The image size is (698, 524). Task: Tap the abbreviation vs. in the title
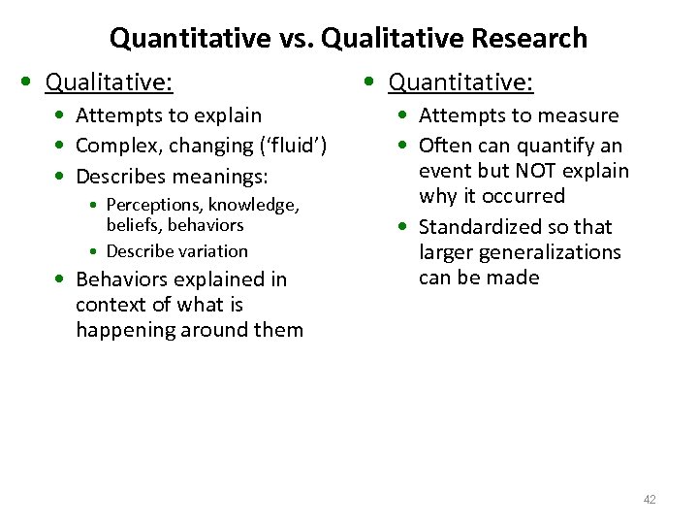coord(297,39)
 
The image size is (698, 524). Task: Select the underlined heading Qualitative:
coord(110,82)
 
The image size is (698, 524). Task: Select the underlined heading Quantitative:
coord(460,82)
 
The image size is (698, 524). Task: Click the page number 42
coord(650,500)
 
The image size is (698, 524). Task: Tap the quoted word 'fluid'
coord(293,146)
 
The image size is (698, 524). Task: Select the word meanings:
coord(220,177)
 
